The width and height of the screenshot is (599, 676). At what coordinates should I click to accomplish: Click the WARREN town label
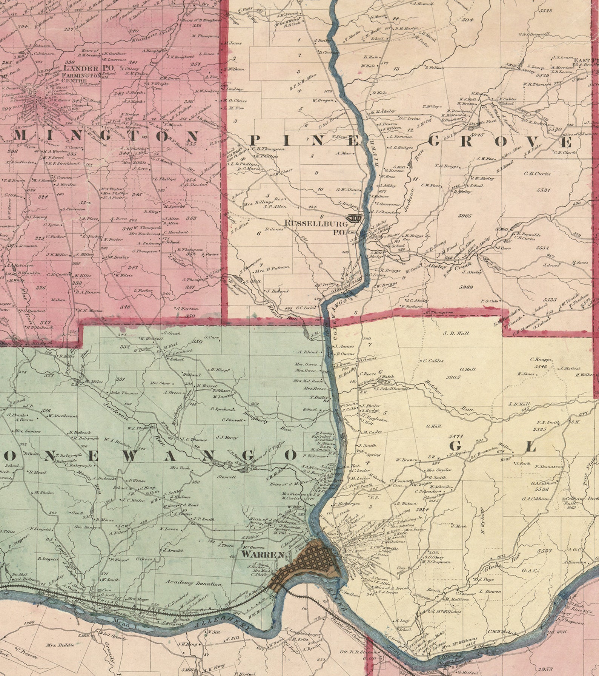pyautogui.click(x=263, y=555)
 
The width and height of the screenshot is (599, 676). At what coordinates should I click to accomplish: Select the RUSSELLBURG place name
pyautogui.click(x=310, y=223)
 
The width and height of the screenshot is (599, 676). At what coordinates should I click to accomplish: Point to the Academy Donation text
pyautogui.click(x=193, y=583)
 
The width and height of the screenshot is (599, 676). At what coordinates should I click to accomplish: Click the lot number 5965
pyautogui.click(x=465, y=216)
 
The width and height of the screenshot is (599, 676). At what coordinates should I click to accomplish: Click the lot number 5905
pyautogui.click(x=453, y=377)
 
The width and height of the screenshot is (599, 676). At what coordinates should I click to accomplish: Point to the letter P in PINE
pyautogui.click(x=254, y=141)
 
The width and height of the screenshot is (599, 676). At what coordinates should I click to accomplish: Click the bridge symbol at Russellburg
pyautogui.click(x=354, y=219)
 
